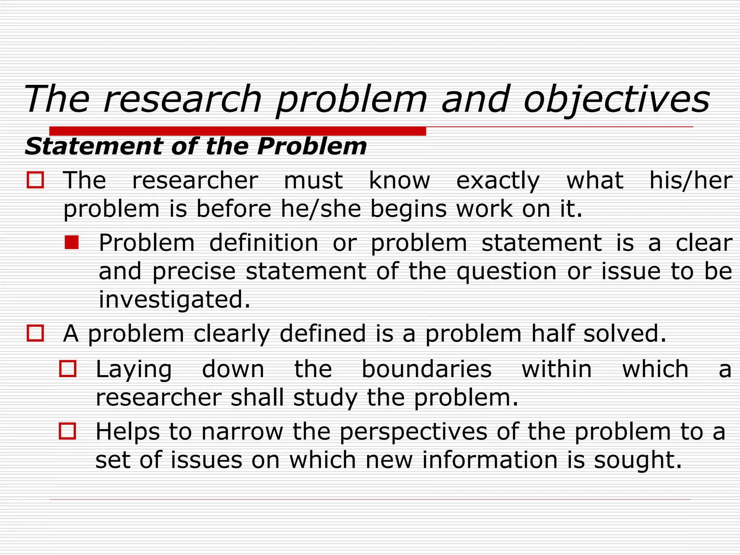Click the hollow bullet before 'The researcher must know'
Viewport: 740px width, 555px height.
tap(35, 180)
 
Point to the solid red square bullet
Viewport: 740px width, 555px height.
tap(72, 242)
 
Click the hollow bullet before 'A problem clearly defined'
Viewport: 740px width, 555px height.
tap(35, 333)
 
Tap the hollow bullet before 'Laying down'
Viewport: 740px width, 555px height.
tap(68, 369)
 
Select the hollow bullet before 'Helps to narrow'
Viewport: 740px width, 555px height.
tap(68, 431)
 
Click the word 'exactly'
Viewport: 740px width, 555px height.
tap(498, 181)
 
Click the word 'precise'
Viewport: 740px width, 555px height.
tap(194, 271)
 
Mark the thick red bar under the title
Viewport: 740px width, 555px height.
tap(237, 131)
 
